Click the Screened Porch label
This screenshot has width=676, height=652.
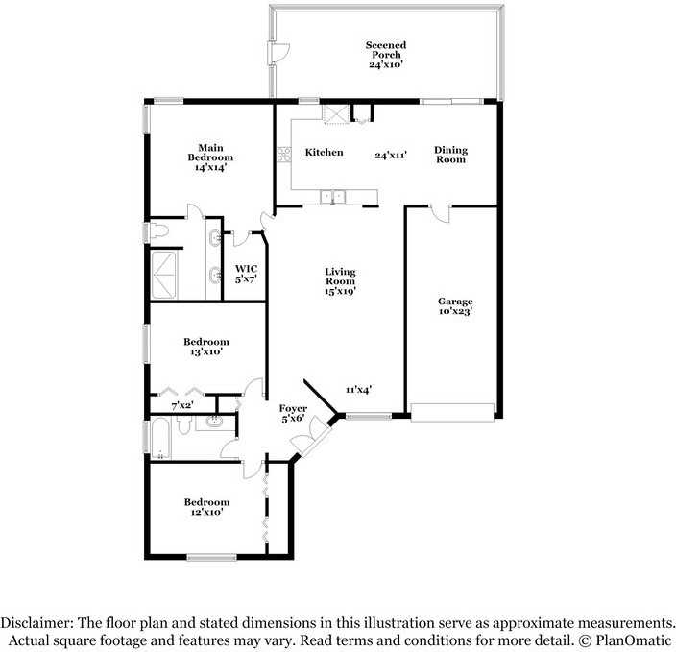tap(385, 55)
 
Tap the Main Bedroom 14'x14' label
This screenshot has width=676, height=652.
tap(210, 157)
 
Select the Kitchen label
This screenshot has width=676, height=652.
tap(324, 153)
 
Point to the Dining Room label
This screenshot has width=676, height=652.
tap(450, 154)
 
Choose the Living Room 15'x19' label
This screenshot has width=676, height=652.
tap(340, 281)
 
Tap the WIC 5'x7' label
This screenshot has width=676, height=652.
tap(246, 274)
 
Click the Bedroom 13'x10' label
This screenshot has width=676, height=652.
tap(205, 347)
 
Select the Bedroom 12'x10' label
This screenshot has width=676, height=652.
tap(206, 507)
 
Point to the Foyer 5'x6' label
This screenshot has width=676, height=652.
tap(293, 413)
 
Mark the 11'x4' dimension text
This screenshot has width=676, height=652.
tap(359, 389)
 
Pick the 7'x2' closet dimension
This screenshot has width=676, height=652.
tap(182, 406)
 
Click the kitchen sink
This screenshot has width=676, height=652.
tap(333, 197)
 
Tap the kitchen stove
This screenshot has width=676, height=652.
tap(284, 153)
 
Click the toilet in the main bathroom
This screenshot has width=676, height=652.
tap(159, 230)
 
